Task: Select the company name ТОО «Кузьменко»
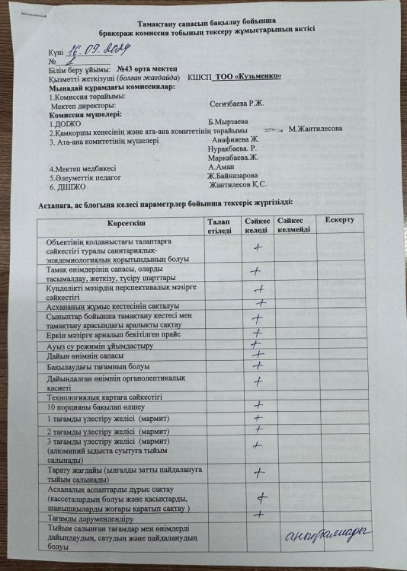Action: tap(248, 77)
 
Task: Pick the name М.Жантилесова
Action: tap(316, 129)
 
